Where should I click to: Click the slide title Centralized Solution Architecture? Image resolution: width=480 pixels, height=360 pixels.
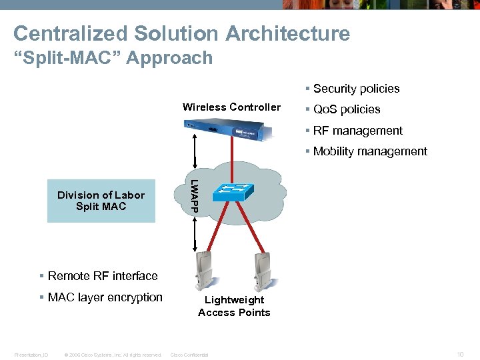[x=181, y=33]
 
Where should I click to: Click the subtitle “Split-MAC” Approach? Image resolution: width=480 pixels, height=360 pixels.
[x=113, y=58]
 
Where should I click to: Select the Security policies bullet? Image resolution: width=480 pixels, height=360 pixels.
[x=356, y=89]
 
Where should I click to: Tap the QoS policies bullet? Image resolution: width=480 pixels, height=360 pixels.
[x=346, y=109]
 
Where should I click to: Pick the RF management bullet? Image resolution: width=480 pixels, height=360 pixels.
[x=357, y=131]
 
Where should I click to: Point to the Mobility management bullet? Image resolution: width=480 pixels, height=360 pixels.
[x=369, y=151]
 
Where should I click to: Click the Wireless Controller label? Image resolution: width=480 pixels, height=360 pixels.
[x=231, y=107]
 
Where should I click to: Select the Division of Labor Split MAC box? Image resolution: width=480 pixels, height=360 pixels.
[x=101, y=201]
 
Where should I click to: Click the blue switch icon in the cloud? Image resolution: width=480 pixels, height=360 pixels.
[x=231, y=191]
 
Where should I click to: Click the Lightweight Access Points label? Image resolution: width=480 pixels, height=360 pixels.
[x=234, y=306]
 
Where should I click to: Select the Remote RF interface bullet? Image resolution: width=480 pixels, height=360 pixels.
[x=102, y=276]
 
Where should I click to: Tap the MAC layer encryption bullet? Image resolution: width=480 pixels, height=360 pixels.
[x=105, y=297]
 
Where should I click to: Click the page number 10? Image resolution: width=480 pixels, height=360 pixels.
[x=460, y=355]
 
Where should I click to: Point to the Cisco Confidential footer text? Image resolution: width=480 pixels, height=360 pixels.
[x=189, y=355]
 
